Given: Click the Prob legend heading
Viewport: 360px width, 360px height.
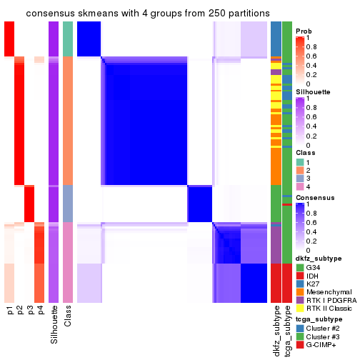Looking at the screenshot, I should (x=304, y=31).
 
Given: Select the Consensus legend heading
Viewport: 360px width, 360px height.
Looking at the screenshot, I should (x=314, y=196).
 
